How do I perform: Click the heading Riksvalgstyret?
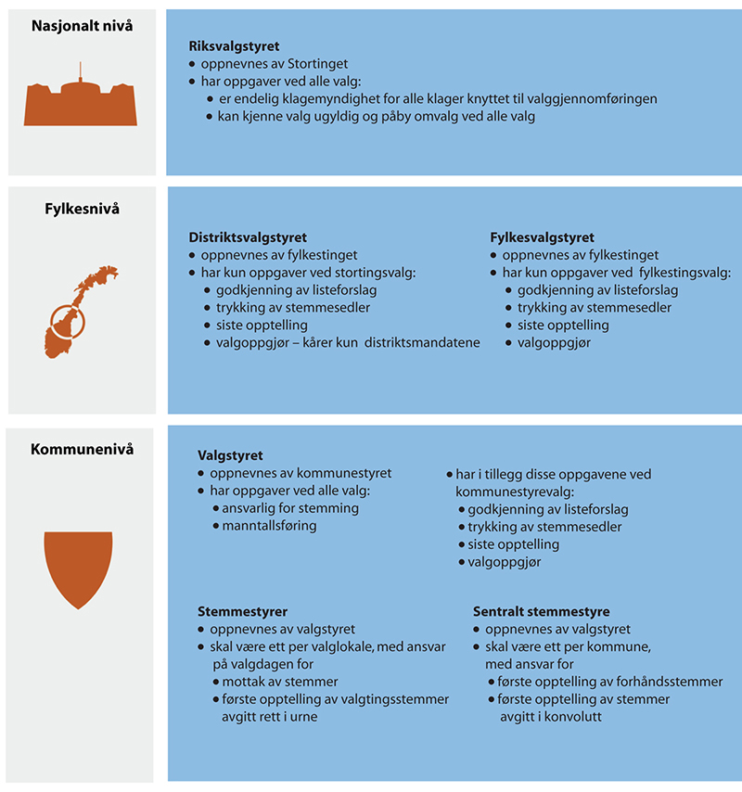(234, 45)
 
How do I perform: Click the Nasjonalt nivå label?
(82, 26)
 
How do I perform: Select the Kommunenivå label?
(83, 450)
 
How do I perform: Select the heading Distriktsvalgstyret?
(248, 237)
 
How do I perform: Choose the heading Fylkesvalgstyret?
(543, 237)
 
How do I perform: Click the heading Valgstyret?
(231, 455)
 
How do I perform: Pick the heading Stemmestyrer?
(243, 611)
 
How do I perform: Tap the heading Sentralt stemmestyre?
(541, 611)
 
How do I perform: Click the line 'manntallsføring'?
(269, 526)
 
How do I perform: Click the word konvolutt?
(569, 717)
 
